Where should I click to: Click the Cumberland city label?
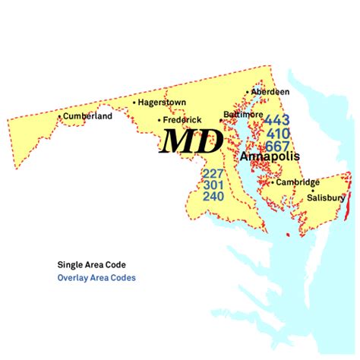click(x=88, y=116)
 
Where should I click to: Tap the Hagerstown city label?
click(x=163, y=102)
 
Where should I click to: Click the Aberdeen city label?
click(x=271, y=92)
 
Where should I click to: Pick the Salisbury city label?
click(x=326, y=197)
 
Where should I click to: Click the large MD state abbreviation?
click(x=191, y=141)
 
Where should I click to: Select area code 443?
click(x=276, y=120)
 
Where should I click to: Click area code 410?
click(x=276, y=133)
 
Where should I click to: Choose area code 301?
click(x=213, y=185)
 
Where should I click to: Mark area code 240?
click(x=213, y=197)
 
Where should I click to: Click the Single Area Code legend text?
click(x=92, y=265)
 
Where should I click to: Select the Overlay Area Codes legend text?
click(x=96, y=278)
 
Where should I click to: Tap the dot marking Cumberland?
click(x=60, y=116)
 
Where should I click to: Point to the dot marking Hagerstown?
click(x=134, y=102)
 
